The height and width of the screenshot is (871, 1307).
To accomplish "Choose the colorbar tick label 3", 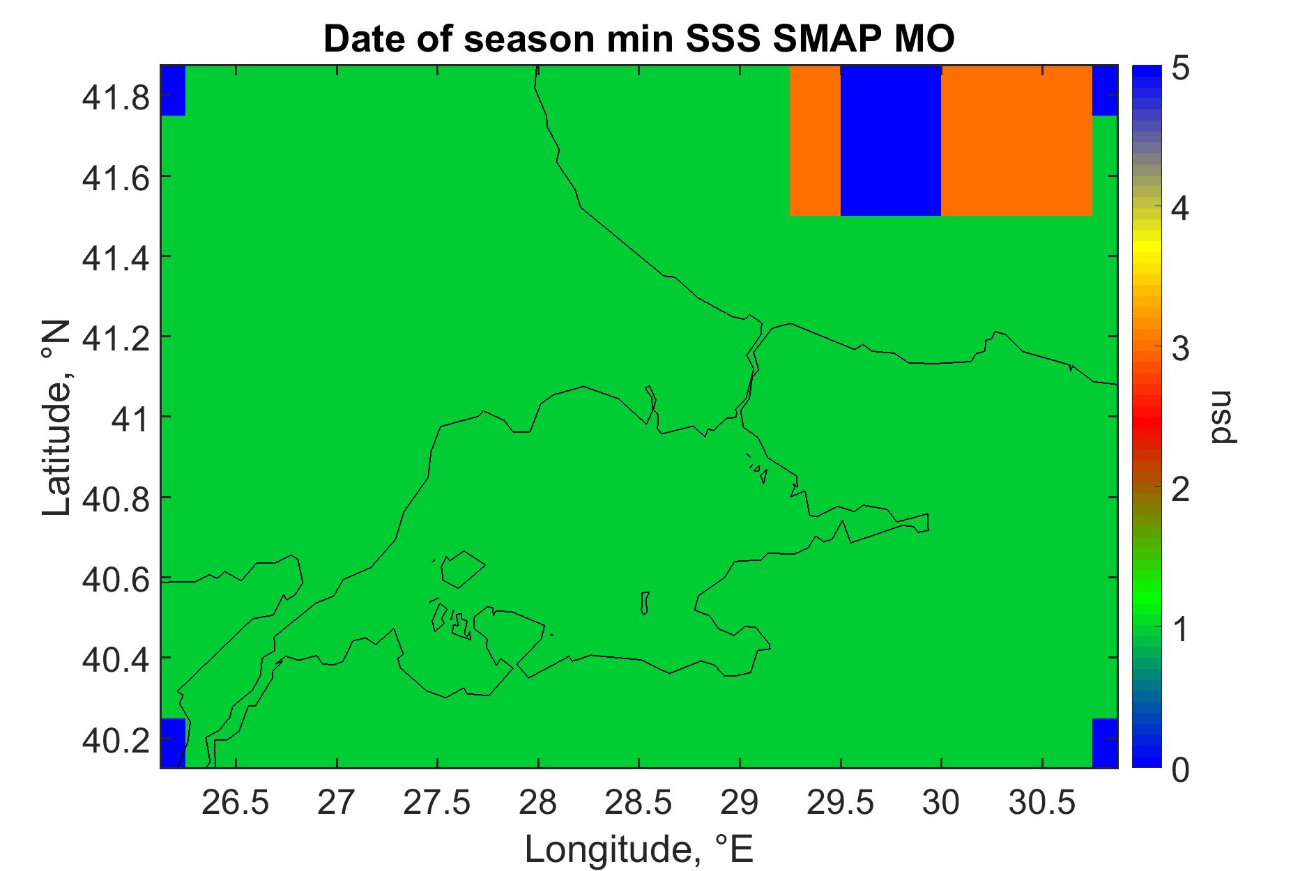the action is pos(1180,350).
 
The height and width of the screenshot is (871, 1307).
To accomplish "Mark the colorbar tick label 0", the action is pos(1180,769).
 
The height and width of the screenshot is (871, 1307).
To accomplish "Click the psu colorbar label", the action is pos(1222,417).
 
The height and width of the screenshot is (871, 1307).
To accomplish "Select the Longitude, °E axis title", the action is pos(639,849).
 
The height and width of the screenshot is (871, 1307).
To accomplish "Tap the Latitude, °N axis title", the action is pos(57,417).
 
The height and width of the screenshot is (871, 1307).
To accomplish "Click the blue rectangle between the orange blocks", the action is pos(891,141).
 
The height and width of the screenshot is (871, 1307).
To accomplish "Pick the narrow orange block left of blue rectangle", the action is pos(815,141).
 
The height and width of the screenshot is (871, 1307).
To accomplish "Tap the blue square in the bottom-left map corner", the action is pos(173,743).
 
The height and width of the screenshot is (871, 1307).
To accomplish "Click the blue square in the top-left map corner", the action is pos(173,91).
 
